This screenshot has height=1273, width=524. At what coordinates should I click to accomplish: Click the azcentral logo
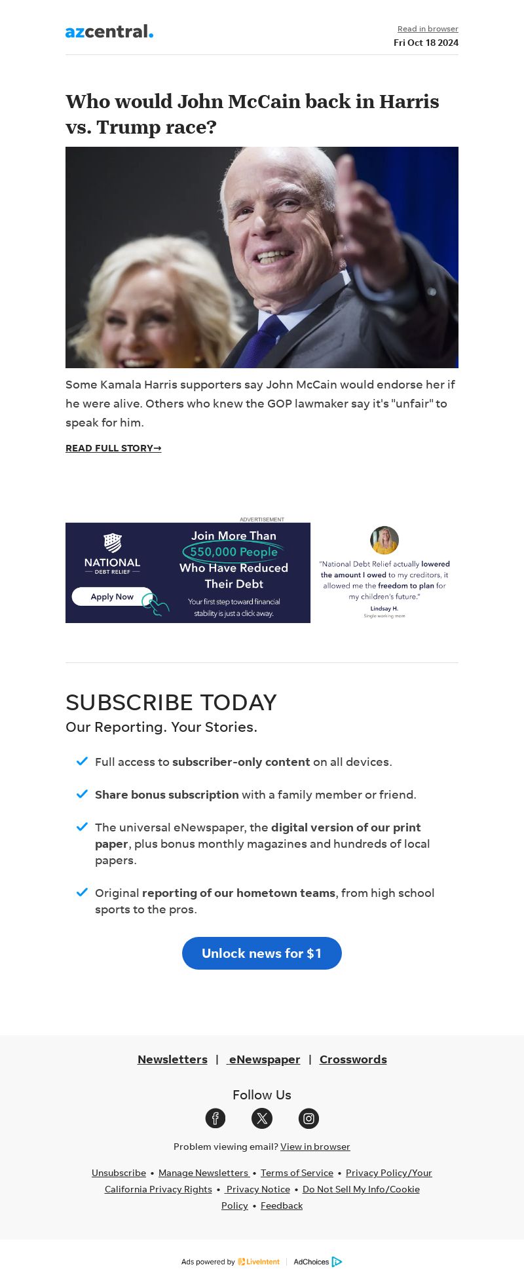[109, 31]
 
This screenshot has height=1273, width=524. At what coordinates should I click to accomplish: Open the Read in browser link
[428, 29]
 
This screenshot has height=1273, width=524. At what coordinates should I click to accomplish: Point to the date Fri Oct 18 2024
[426, 43]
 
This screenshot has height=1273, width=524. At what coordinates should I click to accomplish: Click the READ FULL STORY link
[113, 448]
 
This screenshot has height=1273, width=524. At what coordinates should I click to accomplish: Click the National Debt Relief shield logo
[113, 542]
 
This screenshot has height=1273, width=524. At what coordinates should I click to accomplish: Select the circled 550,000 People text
[234, 552]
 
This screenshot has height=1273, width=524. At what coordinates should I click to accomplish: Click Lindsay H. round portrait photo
[384, 540]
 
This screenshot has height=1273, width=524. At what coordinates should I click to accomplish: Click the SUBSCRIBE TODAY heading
[171, 702]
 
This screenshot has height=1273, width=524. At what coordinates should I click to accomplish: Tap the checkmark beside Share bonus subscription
[82, 794]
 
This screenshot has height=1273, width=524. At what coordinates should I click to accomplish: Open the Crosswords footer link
[353, 1059]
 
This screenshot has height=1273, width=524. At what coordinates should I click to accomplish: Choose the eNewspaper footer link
[264, 1059]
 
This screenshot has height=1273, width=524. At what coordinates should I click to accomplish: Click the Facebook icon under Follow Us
[215, 1118]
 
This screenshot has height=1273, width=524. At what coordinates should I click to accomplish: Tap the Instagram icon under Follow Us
[309, 1118]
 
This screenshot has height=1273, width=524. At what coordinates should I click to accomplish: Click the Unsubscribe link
[119, 1173]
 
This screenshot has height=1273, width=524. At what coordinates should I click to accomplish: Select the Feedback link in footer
[282, 1206]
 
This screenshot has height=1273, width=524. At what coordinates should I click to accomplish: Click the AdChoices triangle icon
[337, 1262]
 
